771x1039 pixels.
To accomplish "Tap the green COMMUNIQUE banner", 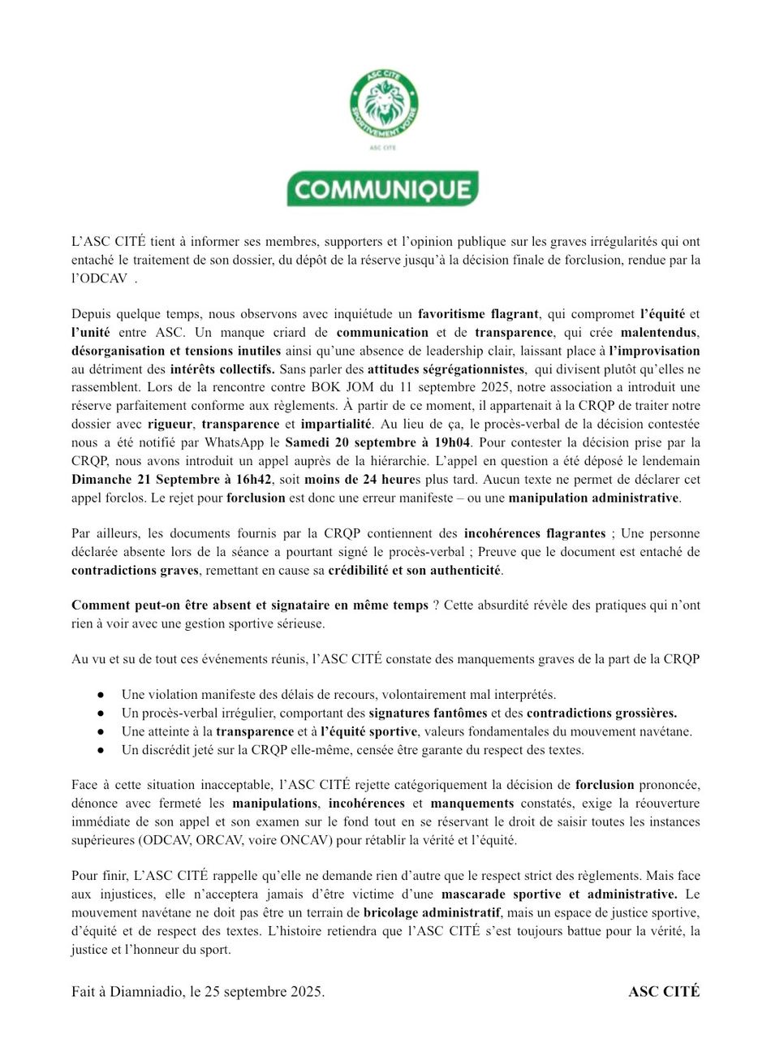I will tap(382, 189).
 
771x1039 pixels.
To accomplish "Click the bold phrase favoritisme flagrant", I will tap(478, 314).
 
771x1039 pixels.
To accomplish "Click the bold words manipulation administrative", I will tap(594, 498).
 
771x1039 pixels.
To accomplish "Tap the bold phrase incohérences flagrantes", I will tap(534, 534).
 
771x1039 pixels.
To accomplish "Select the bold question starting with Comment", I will tap(249, 606).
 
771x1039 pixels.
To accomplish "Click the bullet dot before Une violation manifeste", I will tap(100, 696).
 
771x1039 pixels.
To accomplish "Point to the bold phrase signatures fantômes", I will tap(428, 714).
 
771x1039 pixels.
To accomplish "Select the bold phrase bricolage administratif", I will tap(431, 912).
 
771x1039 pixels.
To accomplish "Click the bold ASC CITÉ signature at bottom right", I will tap(663, 992).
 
